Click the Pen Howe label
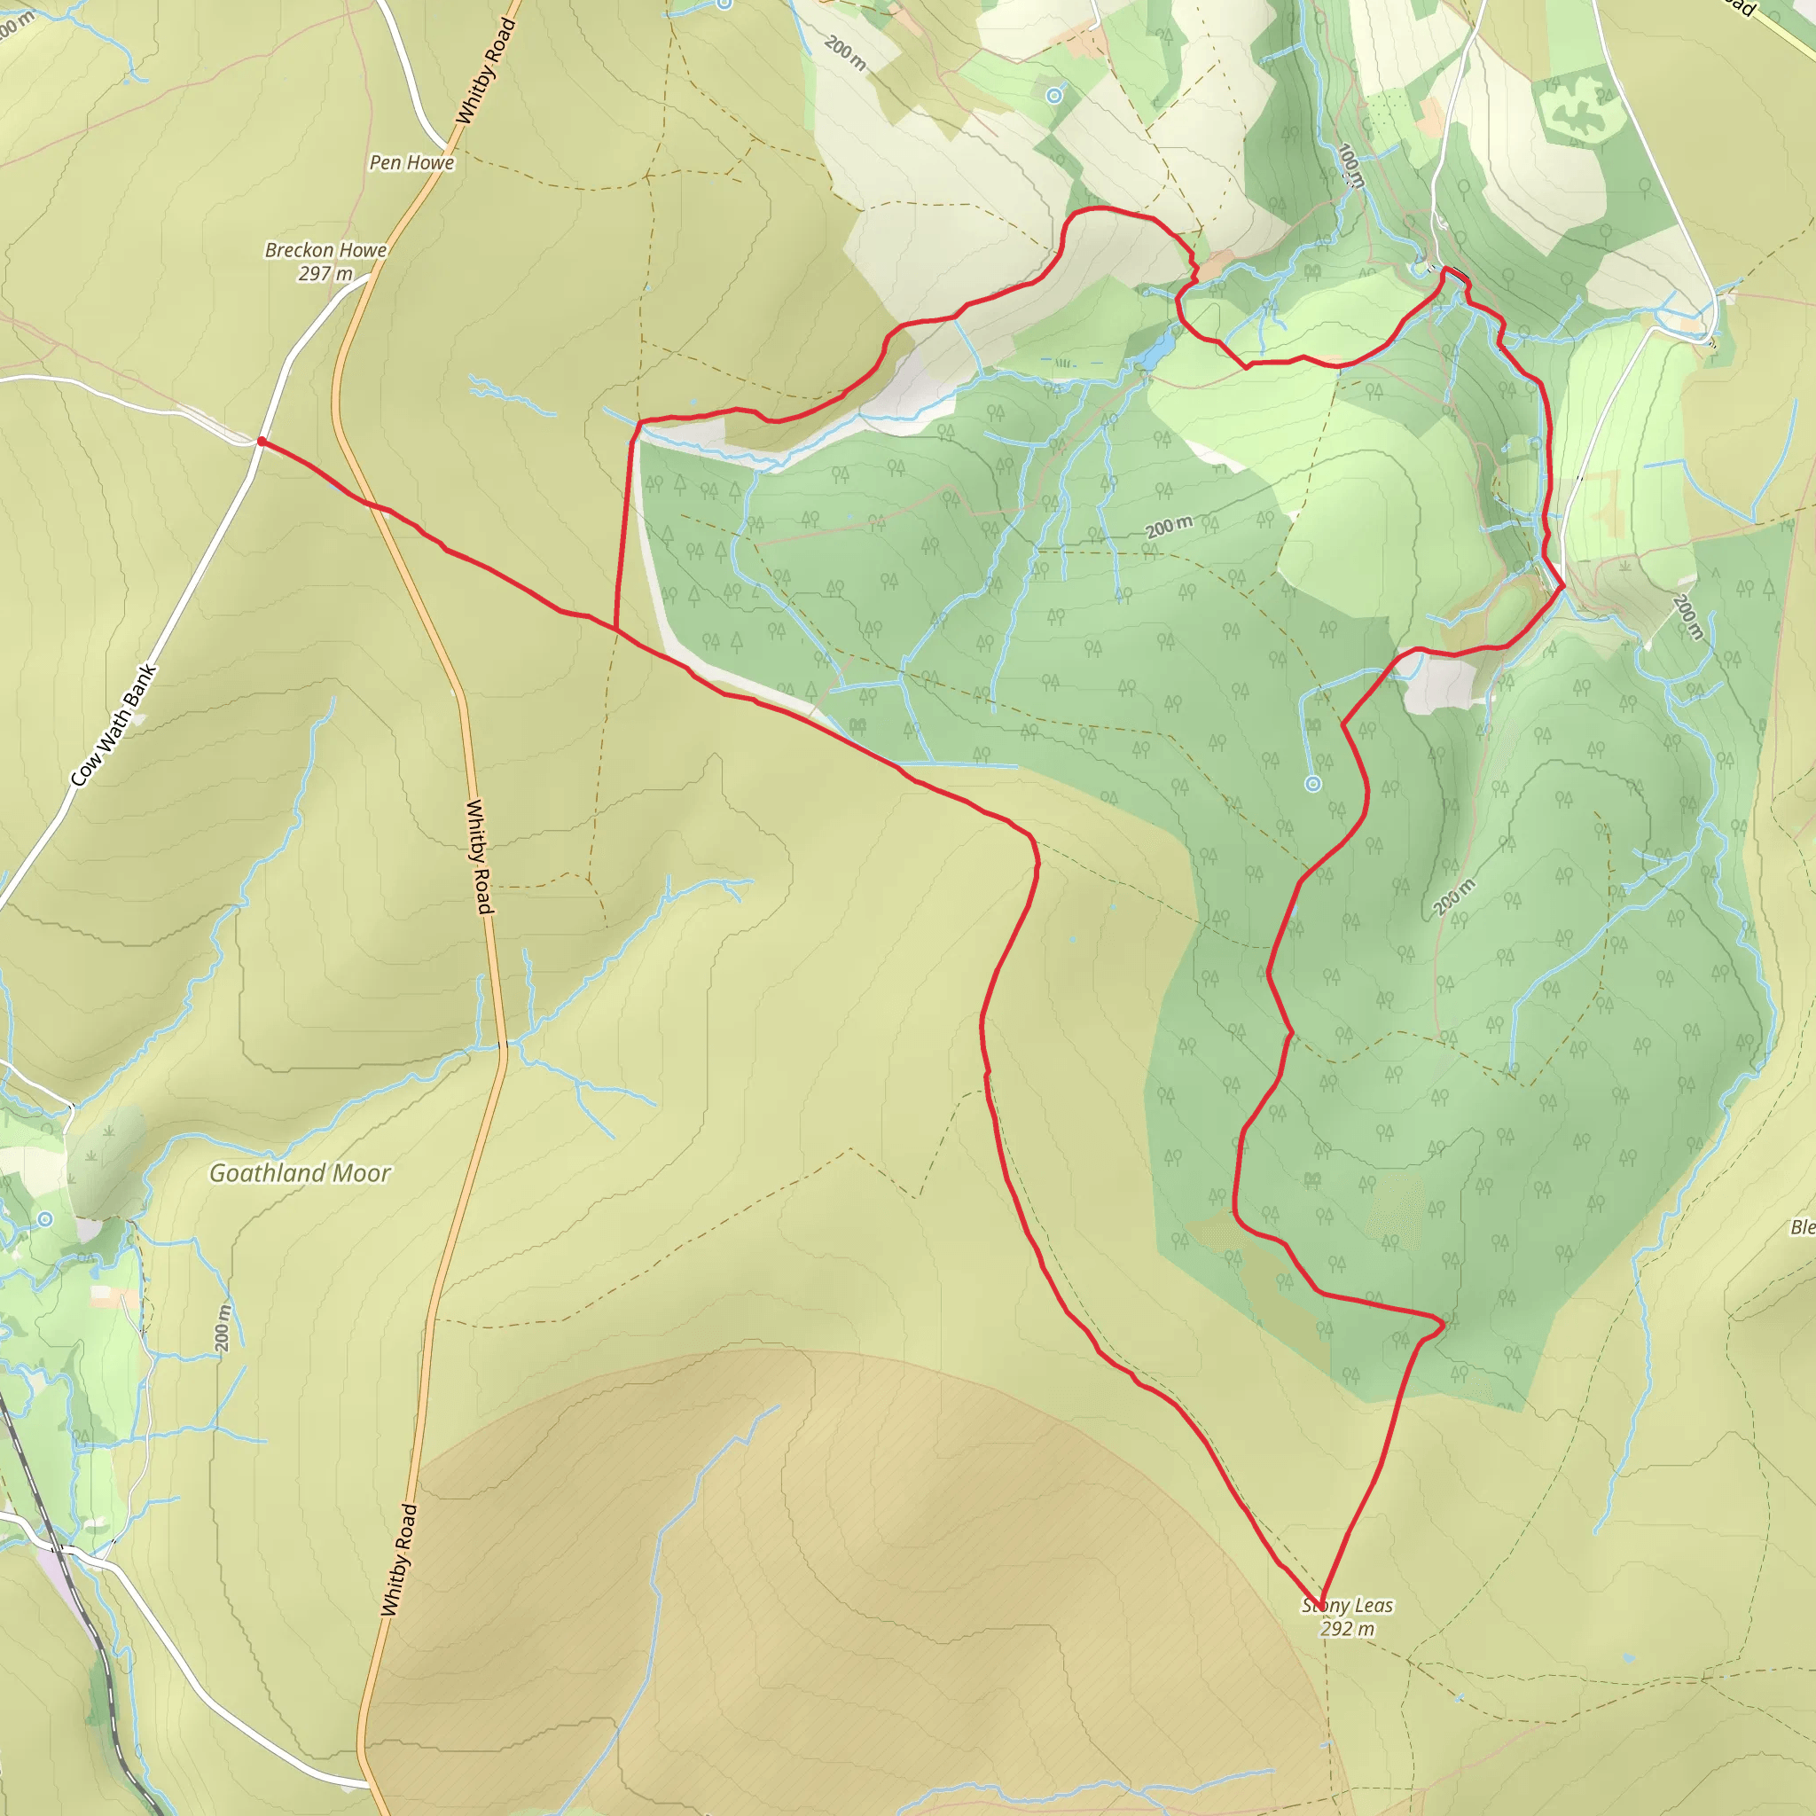(411, 162)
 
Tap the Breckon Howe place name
(325, 250)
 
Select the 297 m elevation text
(325, 273)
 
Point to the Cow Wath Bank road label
(113, 725)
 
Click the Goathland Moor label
(300, 1173)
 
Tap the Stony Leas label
(1347, 1606)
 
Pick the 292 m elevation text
(1347, 1629)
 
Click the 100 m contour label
(1350, 166)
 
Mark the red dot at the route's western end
(262, 441)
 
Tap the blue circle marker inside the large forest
(1313, 784)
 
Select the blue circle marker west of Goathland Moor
(45, 1220)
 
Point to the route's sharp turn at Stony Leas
(1321, 1607)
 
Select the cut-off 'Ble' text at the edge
(1801, 1227)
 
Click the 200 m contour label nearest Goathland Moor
(222, 1328)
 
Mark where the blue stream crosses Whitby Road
(504, 1044)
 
